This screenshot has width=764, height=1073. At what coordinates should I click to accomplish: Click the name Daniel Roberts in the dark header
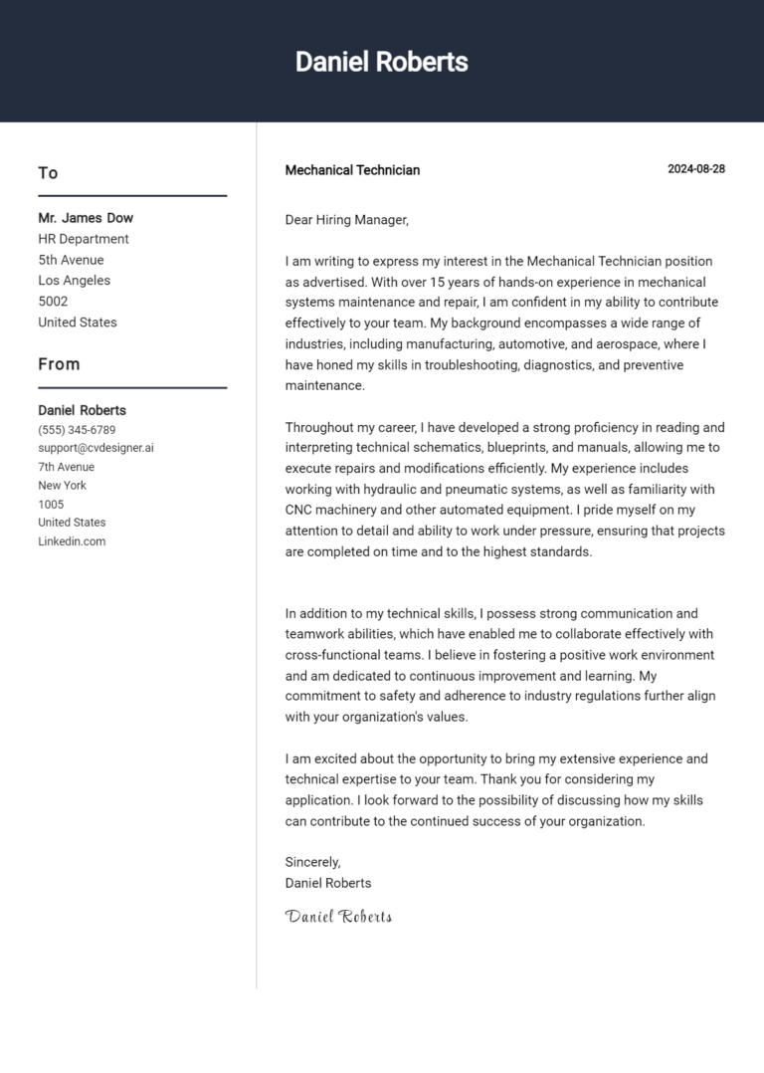pos(381,62)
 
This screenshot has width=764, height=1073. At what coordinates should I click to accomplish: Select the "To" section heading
pos(48,173)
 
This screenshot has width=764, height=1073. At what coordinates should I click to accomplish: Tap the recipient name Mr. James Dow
pos(86,218)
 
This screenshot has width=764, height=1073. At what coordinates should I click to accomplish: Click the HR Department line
pos(84,239)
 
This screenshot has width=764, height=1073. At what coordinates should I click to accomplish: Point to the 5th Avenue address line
pos(71,260)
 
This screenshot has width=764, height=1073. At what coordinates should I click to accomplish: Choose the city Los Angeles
pos(75,281)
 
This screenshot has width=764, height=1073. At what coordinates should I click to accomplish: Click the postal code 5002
pos(53,302)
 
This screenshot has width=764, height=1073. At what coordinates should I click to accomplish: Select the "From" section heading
pos(59,364)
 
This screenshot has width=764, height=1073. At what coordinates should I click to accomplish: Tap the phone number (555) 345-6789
pos(77,430)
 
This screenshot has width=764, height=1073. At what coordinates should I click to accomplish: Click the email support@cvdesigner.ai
pos(95,448)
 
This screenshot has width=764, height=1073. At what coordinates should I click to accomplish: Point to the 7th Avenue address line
pos(67,467)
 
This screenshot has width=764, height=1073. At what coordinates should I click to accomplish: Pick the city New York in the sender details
pos(62,486)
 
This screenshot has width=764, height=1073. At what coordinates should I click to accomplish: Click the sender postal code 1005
pos(51,505)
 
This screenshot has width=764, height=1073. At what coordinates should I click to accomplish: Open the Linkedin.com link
pos(72,541)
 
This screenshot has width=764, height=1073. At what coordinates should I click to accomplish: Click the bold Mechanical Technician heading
pos(352,170)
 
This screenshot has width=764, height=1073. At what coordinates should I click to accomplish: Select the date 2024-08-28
pos(695,169)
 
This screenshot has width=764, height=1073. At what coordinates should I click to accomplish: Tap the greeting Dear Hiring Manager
pos(346,220)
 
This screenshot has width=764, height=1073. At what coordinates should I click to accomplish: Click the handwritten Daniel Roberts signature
pos(338,917)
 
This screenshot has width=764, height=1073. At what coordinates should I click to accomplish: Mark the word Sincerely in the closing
pos(312,862)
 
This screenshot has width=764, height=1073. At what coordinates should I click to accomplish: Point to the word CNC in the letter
pos(300,510)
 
